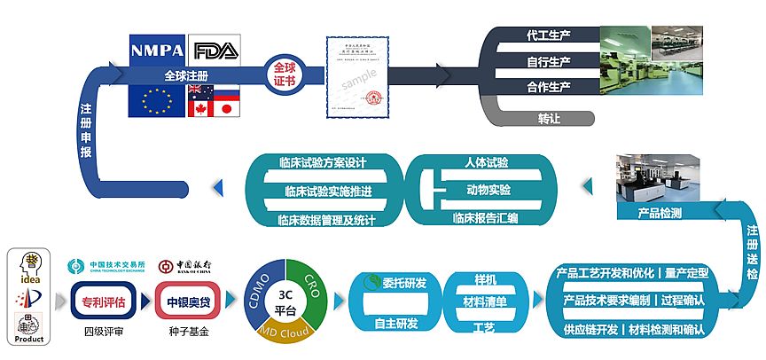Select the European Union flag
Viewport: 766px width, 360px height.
(x=156, y=102)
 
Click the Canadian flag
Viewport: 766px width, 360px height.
(x=201, y=109)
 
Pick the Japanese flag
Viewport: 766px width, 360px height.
(x=226, y=109)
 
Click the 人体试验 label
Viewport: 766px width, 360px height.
(x=486, y=164)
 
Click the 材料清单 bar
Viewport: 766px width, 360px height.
(x=485, y=302)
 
